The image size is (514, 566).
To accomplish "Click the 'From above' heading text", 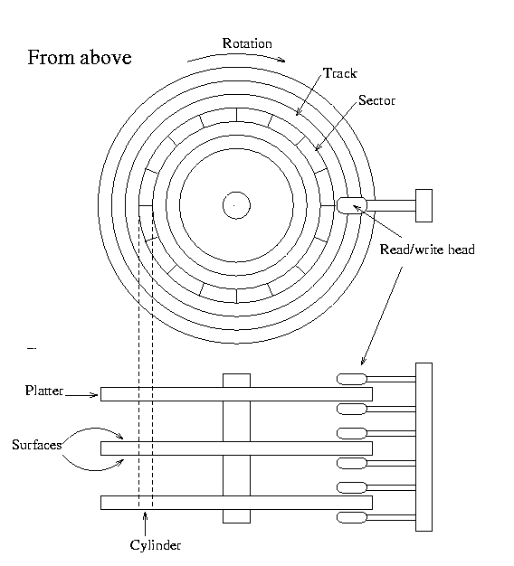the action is [80, 58].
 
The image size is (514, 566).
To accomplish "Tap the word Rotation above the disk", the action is [247, 43].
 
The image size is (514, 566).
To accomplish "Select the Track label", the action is [340, 73].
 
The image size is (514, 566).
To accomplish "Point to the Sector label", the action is [376, 100].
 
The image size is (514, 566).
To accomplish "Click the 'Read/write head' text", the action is [427, 250].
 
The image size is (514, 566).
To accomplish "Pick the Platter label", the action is [44, 391].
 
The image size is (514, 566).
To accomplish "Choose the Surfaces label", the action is [37, 445].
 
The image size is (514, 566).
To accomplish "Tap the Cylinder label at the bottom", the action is [156, 544].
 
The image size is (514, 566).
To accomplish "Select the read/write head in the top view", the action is [352, 205].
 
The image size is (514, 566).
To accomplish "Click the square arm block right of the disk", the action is [424, 205].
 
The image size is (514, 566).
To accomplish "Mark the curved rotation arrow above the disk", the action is [236, 55].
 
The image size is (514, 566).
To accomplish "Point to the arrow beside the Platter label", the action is [81, 395].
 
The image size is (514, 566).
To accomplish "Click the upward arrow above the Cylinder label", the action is [145, 524].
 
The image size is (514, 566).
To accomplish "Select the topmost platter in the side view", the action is [236, 394].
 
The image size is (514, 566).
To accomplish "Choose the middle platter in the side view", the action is [236, 448].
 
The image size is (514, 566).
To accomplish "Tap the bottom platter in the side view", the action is [236, 503].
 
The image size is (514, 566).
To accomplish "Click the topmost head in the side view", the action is [352, 379].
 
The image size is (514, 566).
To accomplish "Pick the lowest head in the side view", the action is [352, 518].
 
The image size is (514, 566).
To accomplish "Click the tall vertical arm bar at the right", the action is [424, 447].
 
